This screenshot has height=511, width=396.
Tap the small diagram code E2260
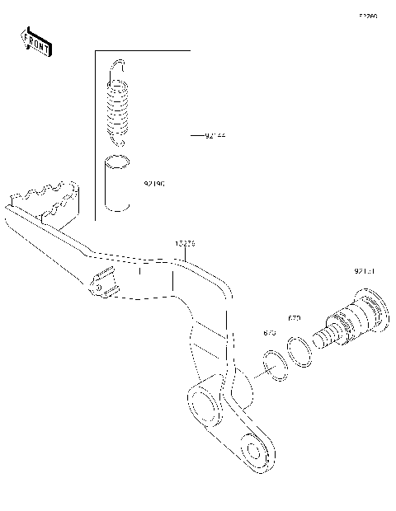[367, 16]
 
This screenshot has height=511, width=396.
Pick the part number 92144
[214, 134]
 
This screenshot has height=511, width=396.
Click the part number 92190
[154, 185]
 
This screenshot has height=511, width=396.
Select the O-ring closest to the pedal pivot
[276, 364]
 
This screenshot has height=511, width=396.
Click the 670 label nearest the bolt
[294, 317]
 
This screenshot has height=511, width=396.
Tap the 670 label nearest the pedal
[269, 332]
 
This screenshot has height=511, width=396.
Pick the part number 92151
[364, 270]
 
